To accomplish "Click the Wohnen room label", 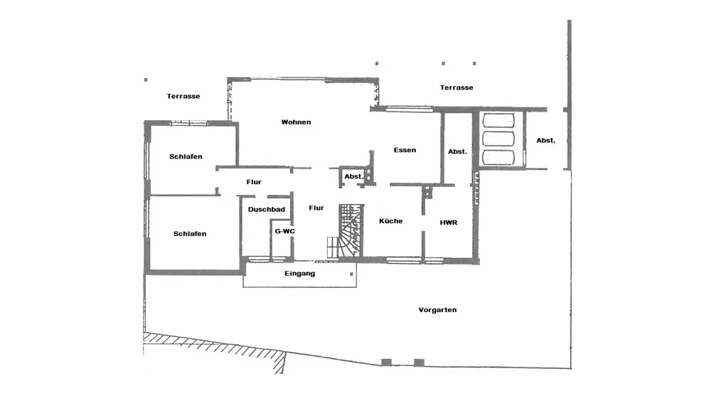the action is click(296, 122).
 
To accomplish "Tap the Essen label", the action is click(405, 150).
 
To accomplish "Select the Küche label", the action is click(390, 221).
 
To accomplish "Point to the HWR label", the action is click(448, 223).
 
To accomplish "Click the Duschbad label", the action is click(267, 209).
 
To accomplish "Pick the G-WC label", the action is click(284, 231).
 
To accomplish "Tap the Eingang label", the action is click(299, 273).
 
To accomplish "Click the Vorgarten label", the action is click(437, 310).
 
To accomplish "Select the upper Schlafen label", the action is click(186, 156).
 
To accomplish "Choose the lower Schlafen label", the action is click(190, 234).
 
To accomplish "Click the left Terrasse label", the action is click(183, 96).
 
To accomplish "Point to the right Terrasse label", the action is click(456, 87).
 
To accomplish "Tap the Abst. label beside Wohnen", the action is click(353, 176).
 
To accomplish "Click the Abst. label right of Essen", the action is click(457, 151).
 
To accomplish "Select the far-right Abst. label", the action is click(545, 141).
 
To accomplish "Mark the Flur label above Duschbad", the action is click(254, 182).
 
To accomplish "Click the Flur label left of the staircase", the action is click(316, 208).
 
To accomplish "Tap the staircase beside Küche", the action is click(348, 230).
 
